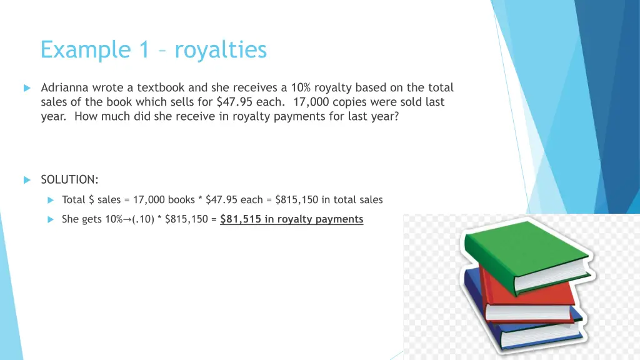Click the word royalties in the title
(221, 49)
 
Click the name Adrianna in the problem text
(66, 88)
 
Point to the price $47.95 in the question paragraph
(235, 102)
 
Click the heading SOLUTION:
(69, 180)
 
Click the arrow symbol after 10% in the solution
(127, 219)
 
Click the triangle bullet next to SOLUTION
(27, 181)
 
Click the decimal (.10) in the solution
(144, 219)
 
